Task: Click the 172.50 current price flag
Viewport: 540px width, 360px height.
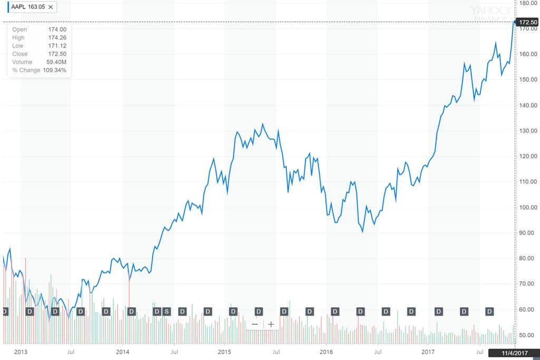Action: [x=528, y=22]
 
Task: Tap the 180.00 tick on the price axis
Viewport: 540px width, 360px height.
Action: [x=528, y=3]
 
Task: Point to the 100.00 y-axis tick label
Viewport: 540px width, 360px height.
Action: [x=528, y=207]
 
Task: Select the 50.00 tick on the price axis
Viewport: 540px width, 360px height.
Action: [x=528, y=335]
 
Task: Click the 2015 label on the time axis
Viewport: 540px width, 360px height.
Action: [x=225, y=351]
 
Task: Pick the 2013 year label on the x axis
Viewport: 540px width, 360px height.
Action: [x=21, y=351]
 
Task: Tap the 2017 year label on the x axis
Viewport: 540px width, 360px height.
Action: [x=429, y=351]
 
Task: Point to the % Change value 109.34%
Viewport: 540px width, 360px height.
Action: [x=54, y=70]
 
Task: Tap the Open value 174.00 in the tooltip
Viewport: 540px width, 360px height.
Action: [x=57, y=30]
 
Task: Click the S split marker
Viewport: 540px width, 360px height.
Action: [x=167, y=311]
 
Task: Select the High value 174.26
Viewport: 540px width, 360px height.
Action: [x=57, y=37]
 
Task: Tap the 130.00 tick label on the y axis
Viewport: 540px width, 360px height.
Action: [x=528, y=131]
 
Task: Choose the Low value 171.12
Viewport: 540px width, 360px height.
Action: [x=57, y=46]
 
